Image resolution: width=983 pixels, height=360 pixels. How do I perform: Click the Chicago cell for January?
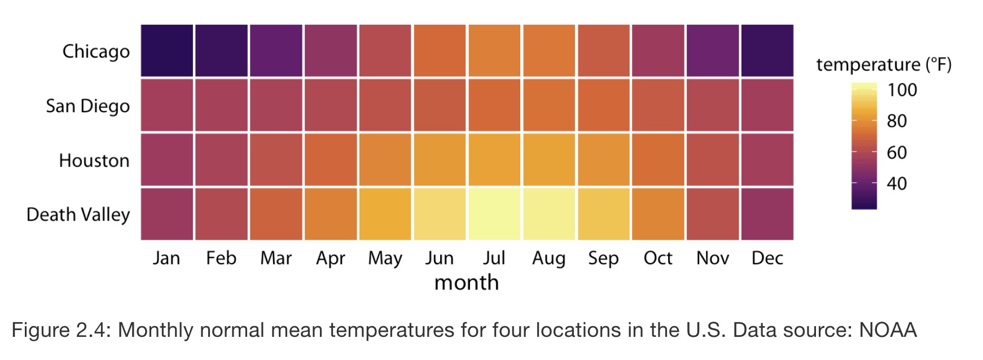(167, 51)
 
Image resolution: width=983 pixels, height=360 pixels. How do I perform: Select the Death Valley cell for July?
(494, 214)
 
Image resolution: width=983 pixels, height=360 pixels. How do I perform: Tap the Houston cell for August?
(549, 160)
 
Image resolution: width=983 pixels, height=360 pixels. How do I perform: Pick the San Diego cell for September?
(604, 106)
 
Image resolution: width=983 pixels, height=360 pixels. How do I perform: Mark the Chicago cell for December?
(767, 51)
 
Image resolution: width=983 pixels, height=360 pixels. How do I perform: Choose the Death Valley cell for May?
(385, 214)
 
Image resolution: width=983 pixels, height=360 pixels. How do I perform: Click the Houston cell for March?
(276, 160)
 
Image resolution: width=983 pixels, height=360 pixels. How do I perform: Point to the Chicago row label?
(96, 51)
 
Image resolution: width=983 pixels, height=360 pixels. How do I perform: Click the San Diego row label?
(87, 106)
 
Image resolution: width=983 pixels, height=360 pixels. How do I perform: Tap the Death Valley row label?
(78, 215)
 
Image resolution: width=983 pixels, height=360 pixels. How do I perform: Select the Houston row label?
(94, 161)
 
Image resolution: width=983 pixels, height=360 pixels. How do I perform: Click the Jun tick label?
(440, 258)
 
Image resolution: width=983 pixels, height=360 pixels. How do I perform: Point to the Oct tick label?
(658, 258)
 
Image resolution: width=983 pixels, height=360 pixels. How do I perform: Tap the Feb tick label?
(221, 258)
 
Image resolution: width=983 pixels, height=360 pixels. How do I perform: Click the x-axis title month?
(467, 283)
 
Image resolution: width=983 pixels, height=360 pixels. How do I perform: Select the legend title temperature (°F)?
(884, 65)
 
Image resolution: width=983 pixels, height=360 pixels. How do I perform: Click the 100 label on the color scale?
(902, 90)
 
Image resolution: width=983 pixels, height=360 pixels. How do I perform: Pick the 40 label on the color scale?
(897, 184)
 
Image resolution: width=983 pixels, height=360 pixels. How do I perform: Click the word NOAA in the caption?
(888, 330)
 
